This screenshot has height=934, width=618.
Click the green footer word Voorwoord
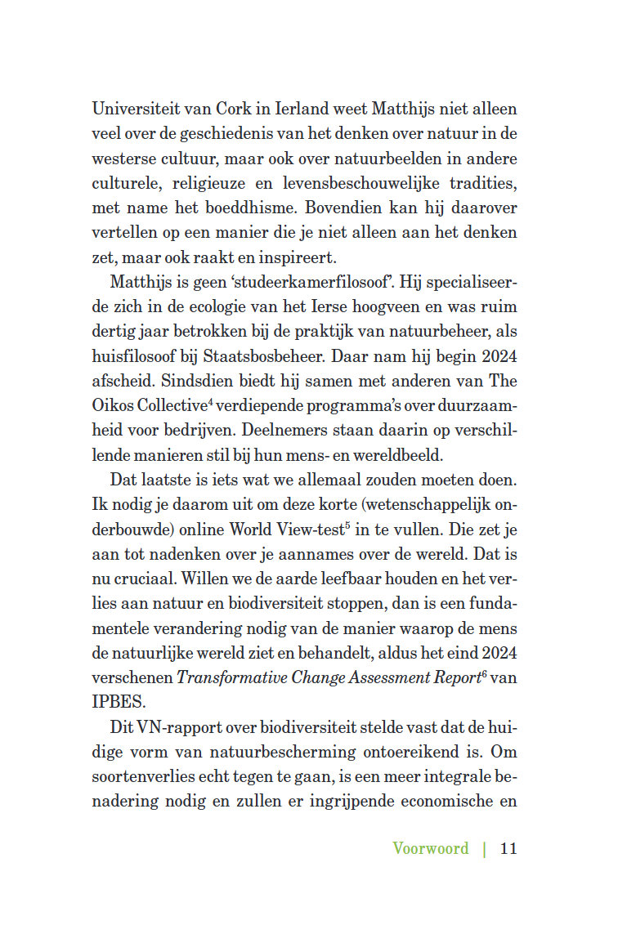tap(431, 847)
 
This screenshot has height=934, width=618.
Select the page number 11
tap(508, 847)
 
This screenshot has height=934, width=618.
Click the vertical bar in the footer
tap(485, 847)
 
